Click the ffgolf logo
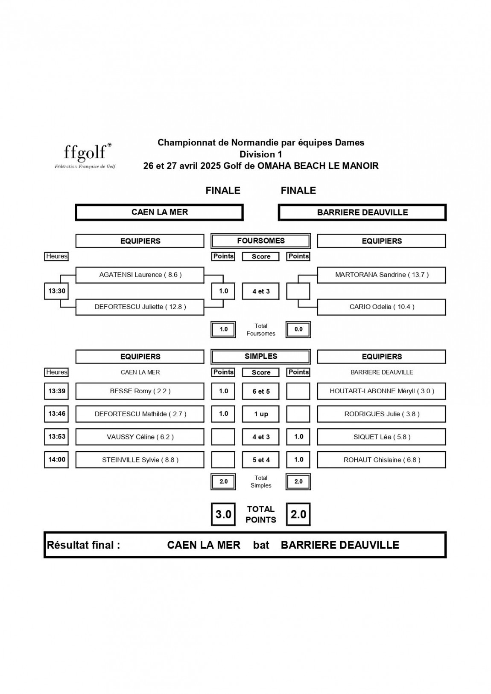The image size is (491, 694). (x=85, y=156)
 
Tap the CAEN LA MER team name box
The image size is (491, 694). (x=159, y=212)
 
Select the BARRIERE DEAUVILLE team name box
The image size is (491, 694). (x=362, y=212)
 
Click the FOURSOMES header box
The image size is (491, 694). (x=260, y=241)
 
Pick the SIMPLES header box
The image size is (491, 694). (x=260, y=356)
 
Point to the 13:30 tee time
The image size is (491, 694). (x=56, y=291)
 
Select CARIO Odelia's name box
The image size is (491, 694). (x=382, y=307)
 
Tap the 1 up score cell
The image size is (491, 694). (x=260, y=414)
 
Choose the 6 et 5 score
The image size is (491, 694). (x=260, y=391)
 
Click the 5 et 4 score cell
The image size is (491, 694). (x=260, y=460)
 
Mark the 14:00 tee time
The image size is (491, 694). (x=56, y=459)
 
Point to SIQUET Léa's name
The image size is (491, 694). (x=382, y=437)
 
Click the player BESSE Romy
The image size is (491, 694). (x=140, y=391)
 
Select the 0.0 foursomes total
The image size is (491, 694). (x=298, y=329)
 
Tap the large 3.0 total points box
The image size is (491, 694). (x=223, y=514)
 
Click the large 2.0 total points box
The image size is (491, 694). (x=298, y=514)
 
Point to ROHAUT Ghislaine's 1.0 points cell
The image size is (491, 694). (x=298, y=459)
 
